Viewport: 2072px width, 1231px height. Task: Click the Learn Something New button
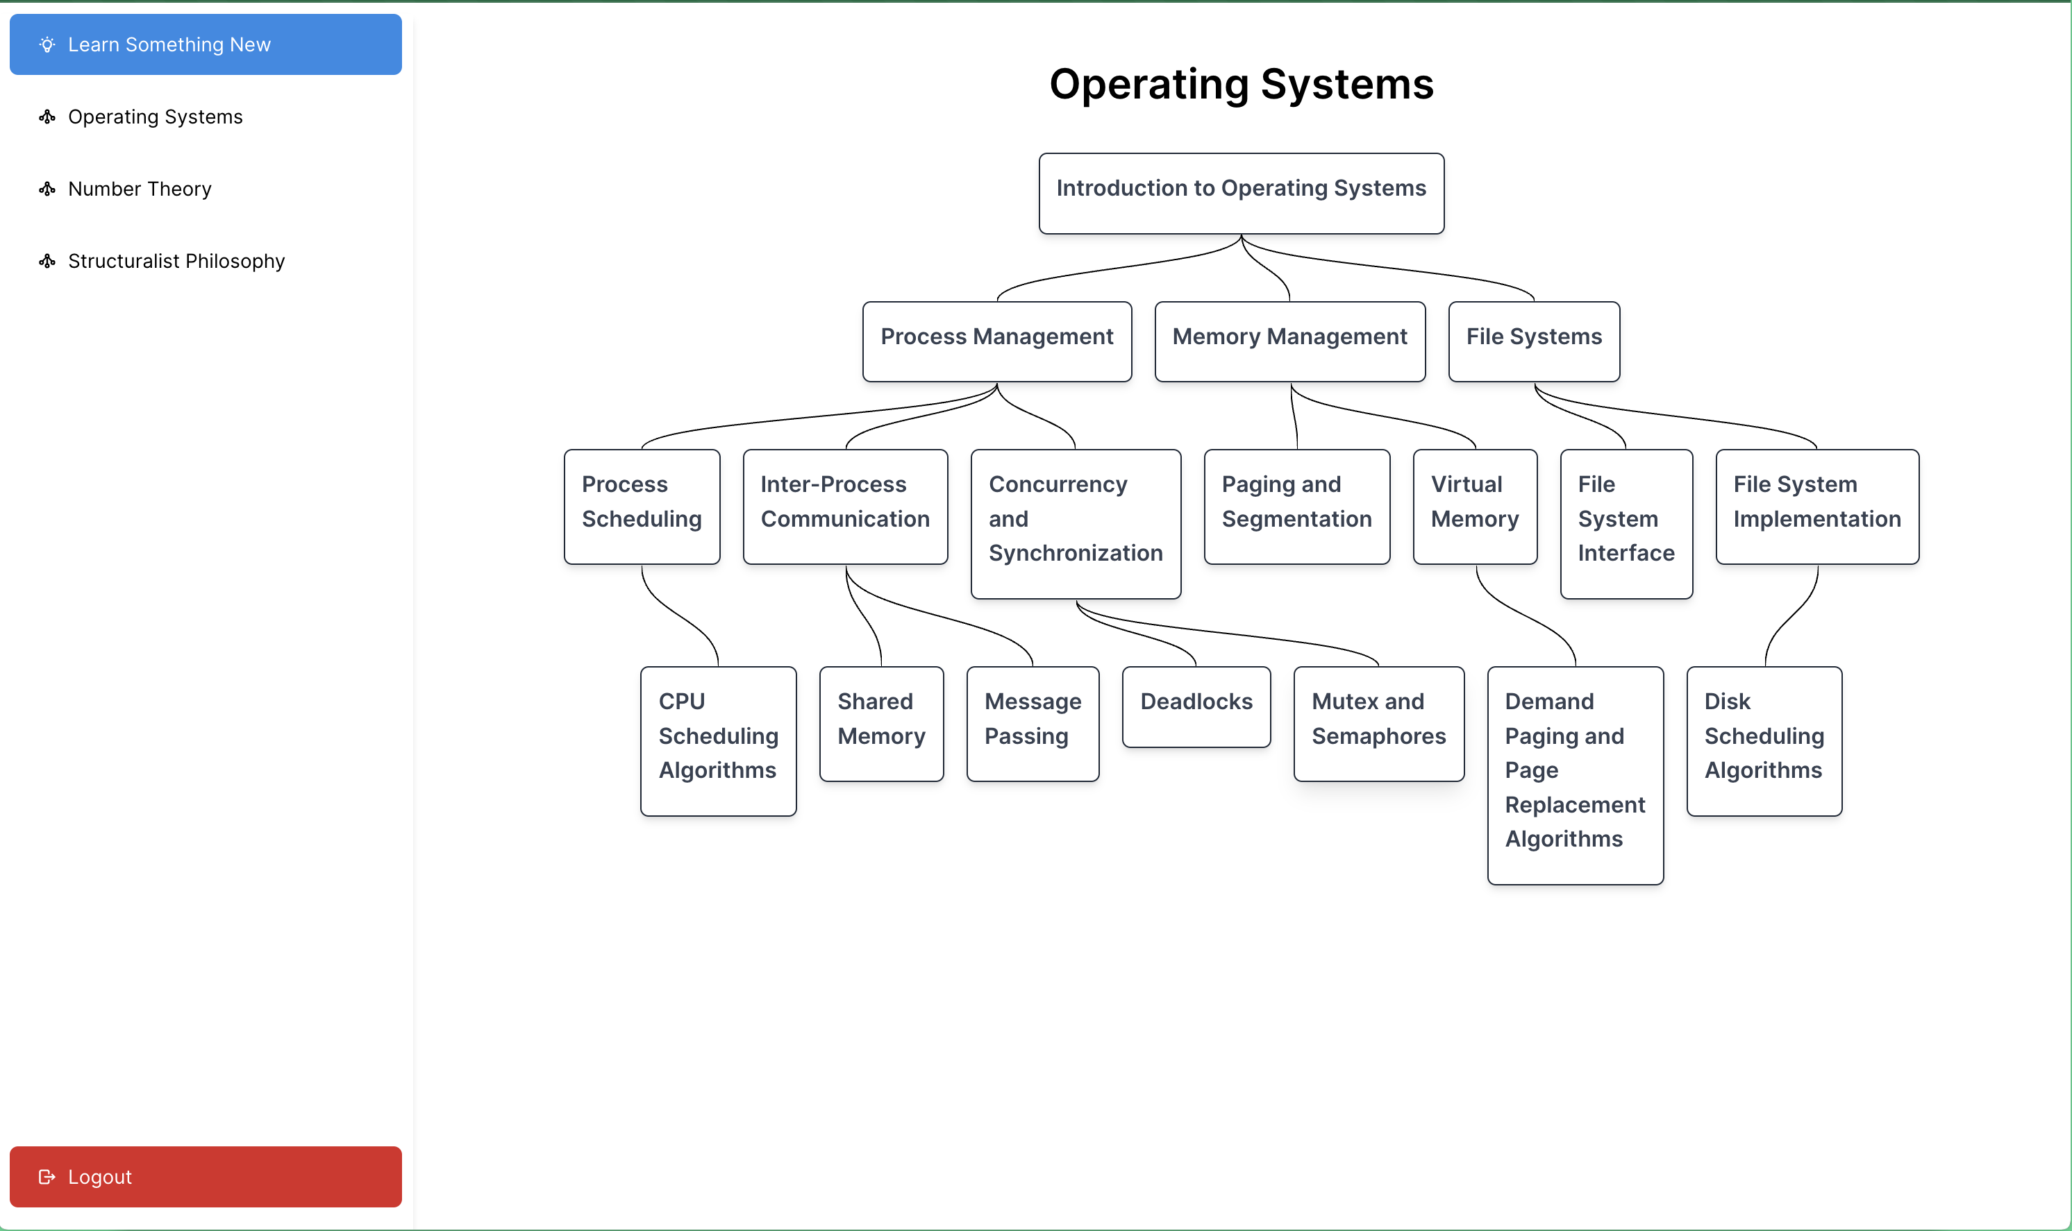(x=206, y=45)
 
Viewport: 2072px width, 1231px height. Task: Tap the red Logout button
(x=206, y=1176)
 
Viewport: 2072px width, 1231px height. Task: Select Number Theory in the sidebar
(x=140, y=189)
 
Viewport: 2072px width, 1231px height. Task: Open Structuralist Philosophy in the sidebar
(x=176, y=262)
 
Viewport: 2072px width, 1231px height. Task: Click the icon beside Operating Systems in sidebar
(x=47, y=117)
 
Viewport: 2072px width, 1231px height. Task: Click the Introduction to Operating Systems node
(x=1242, y=194)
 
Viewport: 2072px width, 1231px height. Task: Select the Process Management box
(x=996, y=342)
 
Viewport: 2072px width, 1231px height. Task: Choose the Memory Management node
(x=1289, y=342)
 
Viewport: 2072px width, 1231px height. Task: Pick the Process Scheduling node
(x=642, y=507)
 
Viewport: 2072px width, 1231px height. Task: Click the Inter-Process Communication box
(x=845, y=507)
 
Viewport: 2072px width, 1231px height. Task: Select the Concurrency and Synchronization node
(x=1076, y=525)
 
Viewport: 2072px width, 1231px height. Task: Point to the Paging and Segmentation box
(x=1297, y=507)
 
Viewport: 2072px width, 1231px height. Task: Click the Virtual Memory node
(x=1475, y=507)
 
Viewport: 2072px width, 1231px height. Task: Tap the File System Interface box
(x=1626, y=525)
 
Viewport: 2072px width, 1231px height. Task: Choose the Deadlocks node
(x=1196, y=706)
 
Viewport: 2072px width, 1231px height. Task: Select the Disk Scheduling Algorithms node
(x=1764, y=742)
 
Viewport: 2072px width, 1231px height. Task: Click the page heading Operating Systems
(x=1242, y=84)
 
